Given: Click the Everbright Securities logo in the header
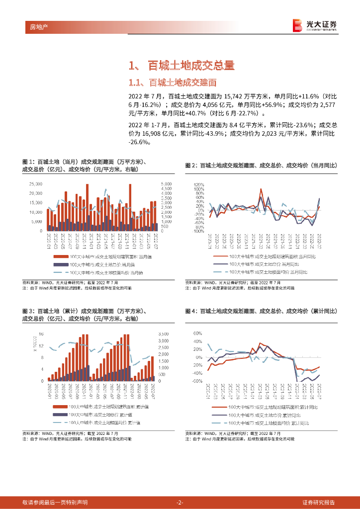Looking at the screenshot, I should pyautogui.click(x=315, y=25).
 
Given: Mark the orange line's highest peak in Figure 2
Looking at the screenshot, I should pyautogui.click(x=261, y=189).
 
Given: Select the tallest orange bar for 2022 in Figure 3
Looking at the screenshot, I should pyautogui.click(x=152, y=356).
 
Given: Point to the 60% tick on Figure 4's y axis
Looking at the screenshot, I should pyautogui.click(x=197, y=334).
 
